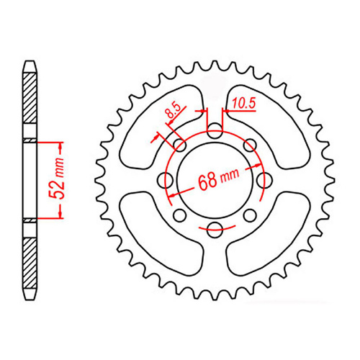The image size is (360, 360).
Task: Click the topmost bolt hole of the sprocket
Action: [x=215, y=132]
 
